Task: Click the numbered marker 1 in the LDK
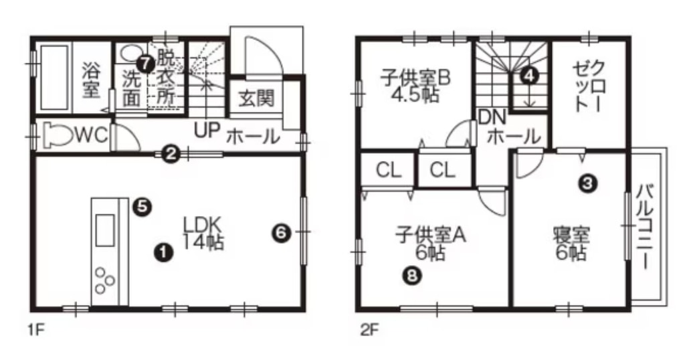(x=163, y=252)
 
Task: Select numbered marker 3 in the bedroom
(x=588, y=183)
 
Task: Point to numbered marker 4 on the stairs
(x=529, y=76)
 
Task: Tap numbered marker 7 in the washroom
(x=144, y=64)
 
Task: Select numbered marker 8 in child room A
(x=413, y=275)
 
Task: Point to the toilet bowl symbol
(x=58, y=136)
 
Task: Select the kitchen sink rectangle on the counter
(x=105, y=230)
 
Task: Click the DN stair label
(x=492, y=117)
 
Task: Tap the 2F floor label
(x=369, y=330)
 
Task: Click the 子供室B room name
(x=415, y=78)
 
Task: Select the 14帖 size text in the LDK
(x=203, y=242)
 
